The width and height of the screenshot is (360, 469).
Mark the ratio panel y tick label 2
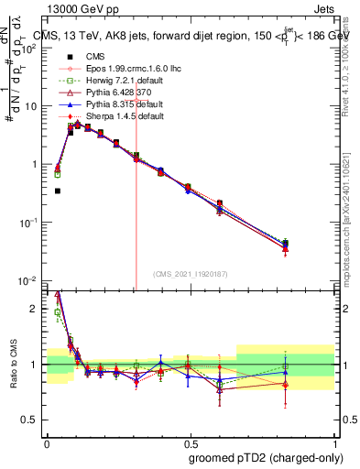point(35,309)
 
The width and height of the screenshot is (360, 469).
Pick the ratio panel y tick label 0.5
point(31,420)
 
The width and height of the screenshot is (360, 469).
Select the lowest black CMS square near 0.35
point(58,191)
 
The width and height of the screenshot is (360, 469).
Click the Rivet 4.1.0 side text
point(351,69)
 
